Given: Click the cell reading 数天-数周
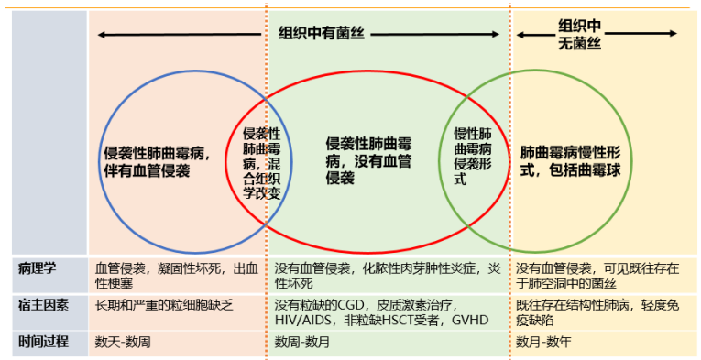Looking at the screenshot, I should (124, 341).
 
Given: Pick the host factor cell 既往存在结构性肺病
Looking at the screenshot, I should (596, 312).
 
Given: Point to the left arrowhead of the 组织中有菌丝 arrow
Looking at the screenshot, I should (102, 35).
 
